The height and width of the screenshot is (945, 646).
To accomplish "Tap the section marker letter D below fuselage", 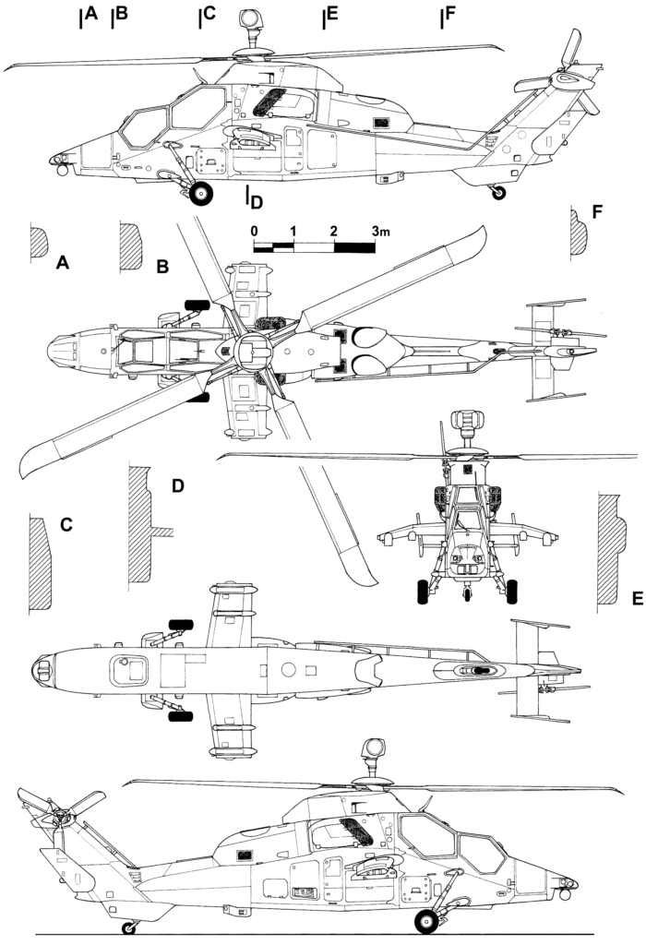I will pyautogui.click(x=257, y=200).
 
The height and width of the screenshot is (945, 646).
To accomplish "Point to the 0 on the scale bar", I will pyautogui.click(x=255, y=230).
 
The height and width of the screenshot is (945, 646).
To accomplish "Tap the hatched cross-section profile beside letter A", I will pyautogui.click(x=39, y=242).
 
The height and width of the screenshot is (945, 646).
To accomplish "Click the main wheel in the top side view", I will pyautogui.click(x=203, y=192).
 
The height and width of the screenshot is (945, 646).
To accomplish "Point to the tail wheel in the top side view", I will pyautogui.click(x=499, y=193).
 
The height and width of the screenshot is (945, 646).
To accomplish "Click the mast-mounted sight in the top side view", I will pyautogui.click(x=250, y=18).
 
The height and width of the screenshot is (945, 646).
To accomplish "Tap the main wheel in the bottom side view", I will pyautogui.click(x=427, y=919).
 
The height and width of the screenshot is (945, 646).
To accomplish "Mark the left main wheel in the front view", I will pyautogui.click(x=425, y=591).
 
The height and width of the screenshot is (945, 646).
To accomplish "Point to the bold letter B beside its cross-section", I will pyautogui.click(x=161, y=268).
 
